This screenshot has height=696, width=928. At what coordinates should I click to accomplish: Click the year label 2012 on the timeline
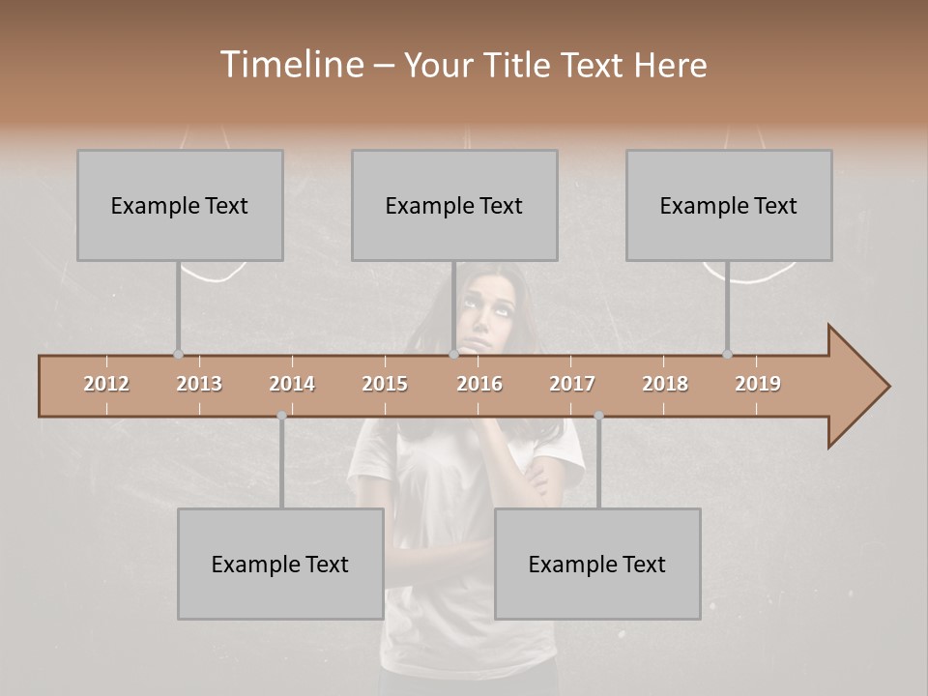(106, 384)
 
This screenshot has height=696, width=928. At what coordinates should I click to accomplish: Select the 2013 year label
(199, 384)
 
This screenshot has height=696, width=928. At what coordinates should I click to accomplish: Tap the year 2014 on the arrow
(292, 384)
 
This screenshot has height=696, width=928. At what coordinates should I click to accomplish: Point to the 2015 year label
(385, 384)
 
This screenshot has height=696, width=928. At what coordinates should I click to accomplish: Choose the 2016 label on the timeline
(479, 384)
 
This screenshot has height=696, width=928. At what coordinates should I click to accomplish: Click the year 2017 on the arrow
(572, 384)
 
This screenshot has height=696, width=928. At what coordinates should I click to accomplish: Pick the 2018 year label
(665, 384)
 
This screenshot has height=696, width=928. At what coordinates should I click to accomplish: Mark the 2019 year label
(758, 384)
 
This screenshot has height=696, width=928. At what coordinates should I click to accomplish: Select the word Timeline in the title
(290, 65)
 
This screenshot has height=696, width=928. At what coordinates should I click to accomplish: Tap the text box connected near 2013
(180, 205)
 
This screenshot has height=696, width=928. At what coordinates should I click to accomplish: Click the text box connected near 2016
(454, 205)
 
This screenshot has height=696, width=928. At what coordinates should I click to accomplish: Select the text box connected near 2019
(729, 205)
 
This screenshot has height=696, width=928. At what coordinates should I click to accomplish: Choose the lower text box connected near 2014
(280, 564)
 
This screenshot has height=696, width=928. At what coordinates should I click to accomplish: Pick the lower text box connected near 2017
(597, 564)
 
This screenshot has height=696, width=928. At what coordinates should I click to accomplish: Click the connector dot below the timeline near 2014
(281, 416)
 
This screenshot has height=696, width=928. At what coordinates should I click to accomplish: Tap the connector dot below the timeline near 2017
(598, 416)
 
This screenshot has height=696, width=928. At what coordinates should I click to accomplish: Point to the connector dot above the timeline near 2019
(727, 354)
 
